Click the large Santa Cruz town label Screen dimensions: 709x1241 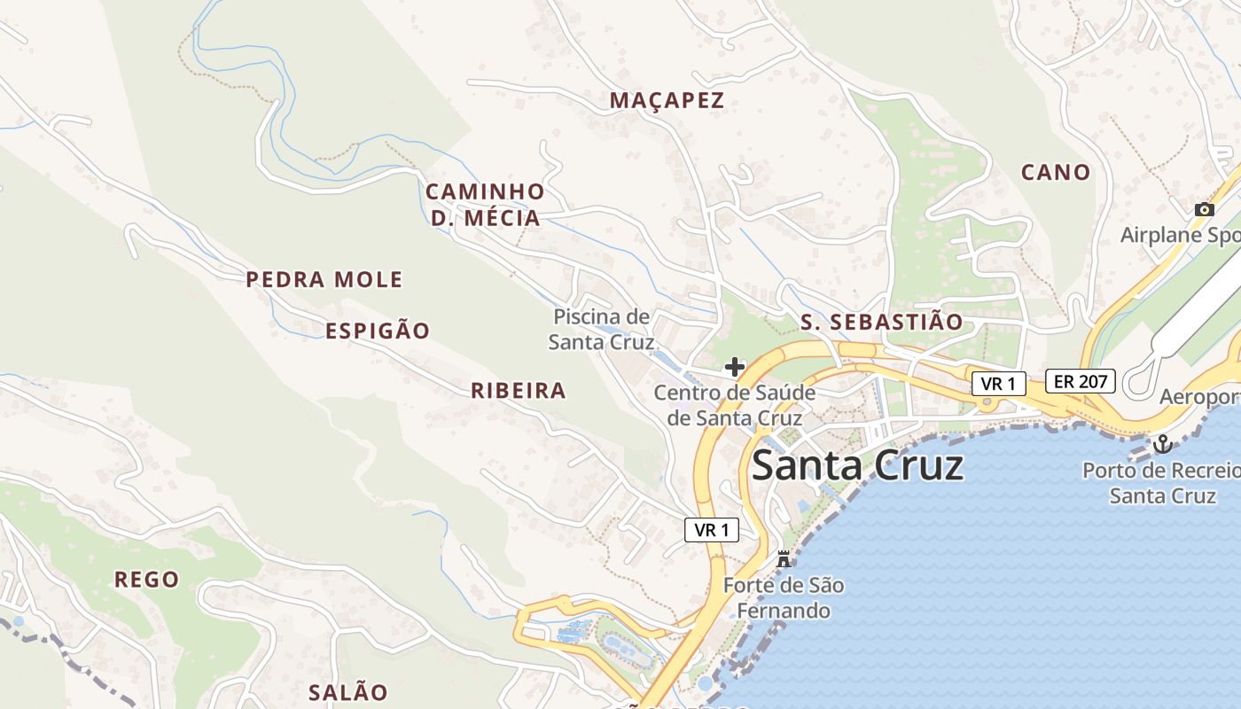coord(857,465)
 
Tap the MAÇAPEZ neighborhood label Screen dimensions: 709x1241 coord(667,101)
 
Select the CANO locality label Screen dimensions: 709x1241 coord(1055,172)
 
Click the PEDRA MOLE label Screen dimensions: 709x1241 coord(324,280)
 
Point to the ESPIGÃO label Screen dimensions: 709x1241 coord(377,331)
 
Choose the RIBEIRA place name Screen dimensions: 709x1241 coord(518,391)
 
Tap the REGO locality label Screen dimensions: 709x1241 coord(146,580)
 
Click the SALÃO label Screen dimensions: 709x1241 coord(347,692)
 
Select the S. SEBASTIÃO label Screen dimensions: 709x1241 coord(881,323)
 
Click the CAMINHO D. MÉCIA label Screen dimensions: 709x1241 coord(485,205)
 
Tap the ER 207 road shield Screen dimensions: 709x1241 coord(1080,381)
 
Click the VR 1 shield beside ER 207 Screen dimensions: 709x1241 coord(999,384)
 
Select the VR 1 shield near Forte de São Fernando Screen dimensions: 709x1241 coord(712,530)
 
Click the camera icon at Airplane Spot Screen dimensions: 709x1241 coord(1204,209)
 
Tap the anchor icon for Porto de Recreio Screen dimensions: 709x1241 coord(1161,444)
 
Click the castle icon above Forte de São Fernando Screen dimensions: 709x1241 coord(783,559)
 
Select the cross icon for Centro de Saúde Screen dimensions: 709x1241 coord(735,366)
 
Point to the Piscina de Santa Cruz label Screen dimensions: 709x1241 coord(601,329)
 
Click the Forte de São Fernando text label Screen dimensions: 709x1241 coord(783,598)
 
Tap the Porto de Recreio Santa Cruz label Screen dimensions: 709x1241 coord(1161,482)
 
